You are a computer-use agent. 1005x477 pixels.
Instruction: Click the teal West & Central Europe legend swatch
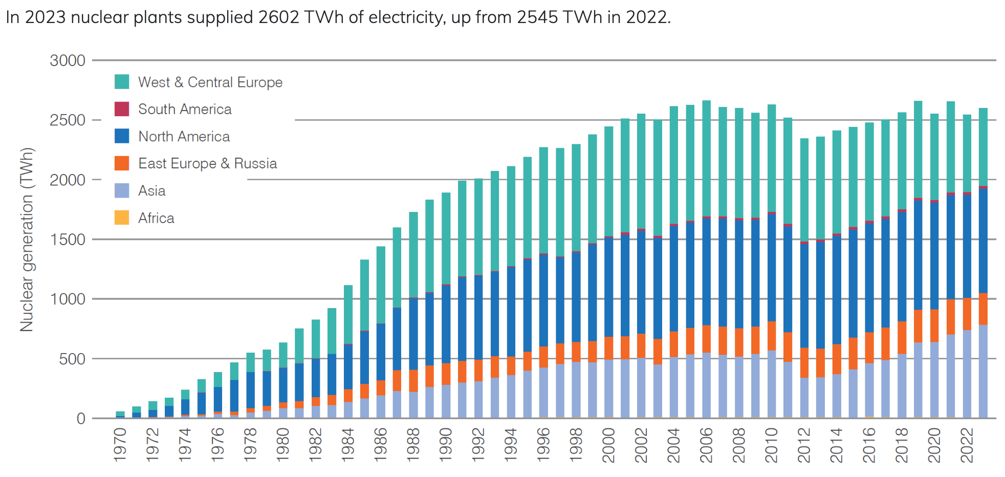tap(122, 82)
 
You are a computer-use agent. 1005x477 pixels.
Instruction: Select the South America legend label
tap(185, 109)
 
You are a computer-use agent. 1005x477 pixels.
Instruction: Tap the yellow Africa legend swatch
tap(122, 218)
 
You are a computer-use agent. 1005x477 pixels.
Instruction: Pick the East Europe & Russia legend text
tap(207, 163)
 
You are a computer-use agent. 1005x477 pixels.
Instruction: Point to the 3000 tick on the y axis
tap(68, 60)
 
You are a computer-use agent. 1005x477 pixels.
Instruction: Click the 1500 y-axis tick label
tap(68, 240)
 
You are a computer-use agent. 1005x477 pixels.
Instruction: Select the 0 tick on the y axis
tap(81, 419)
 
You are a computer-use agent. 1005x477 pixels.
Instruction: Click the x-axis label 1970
tap(120, 445)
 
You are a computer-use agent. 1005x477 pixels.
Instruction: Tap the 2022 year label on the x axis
tap(967, 445)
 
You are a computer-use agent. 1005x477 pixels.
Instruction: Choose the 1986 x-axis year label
tap(381, 445)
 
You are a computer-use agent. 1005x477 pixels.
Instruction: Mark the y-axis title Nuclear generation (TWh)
tap(27, 240)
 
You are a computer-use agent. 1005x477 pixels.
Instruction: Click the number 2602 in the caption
tap(278, 17)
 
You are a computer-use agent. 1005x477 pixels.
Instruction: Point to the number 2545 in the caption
tap(537, 17)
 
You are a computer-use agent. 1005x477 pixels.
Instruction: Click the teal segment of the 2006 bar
tap(706, 159)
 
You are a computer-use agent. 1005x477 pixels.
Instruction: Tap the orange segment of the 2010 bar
tap(772, 336)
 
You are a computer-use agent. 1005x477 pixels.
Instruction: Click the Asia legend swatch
tap(122, 190)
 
